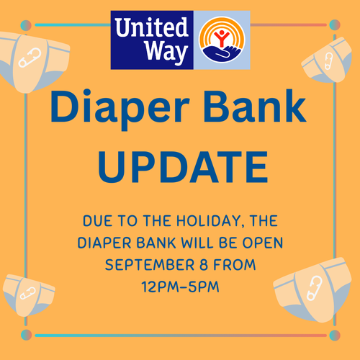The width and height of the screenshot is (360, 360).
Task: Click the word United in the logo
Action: click(x=151, y=27)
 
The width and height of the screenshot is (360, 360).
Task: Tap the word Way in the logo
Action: click(x=166, y=52)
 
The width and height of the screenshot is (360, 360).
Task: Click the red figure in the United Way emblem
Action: click(x=222, y=37)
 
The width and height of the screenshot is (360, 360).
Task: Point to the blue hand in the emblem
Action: click(x=222, y=53)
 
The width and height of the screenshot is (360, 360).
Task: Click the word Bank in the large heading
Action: click(x=255, y=107)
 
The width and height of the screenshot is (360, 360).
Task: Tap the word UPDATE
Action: click(x=183, y=167)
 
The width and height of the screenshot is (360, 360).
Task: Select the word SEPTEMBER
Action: click(x=150, y=265)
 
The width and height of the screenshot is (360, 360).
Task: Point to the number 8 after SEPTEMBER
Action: click(x=204, y=265)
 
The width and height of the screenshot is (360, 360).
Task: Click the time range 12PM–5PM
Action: click(x=181, y=287)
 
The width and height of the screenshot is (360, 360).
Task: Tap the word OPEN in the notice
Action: click(x=263, y=243)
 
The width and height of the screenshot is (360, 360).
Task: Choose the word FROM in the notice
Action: click(x=235, y=265)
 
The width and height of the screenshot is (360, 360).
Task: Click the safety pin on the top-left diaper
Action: click(x=30, y=58)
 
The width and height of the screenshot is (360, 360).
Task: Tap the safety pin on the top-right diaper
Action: click(x=328, y=61)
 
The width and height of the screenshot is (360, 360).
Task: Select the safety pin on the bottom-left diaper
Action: click(x=28, y=293)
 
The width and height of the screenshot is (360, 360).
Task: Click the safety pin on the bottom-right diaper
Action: click(x=315, y=288)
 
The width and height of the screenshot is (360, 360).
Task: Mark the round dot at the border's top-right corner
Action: click(x=335, y=25)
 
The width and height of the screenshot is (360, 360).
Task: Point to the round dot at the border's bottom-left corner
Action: click(x=26, y=335)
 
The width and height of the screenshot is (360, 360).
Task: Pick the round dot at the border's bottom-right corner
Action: click(x=335, y=336)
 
